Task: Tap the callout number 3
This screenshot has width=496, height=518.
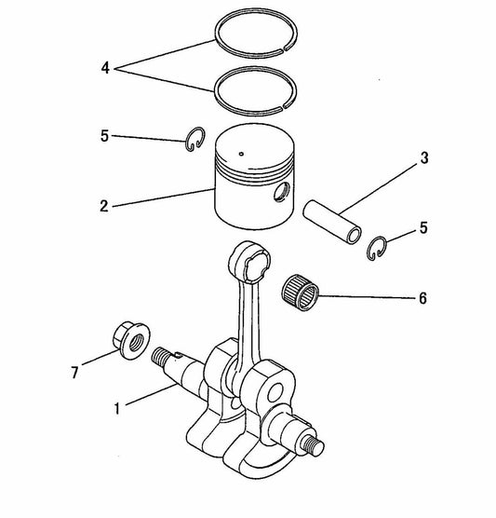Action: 423,158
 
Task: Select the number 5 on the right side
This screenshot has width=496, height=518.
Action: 424,226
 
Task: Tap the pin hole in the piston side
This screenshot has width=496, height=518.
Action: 278,193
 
